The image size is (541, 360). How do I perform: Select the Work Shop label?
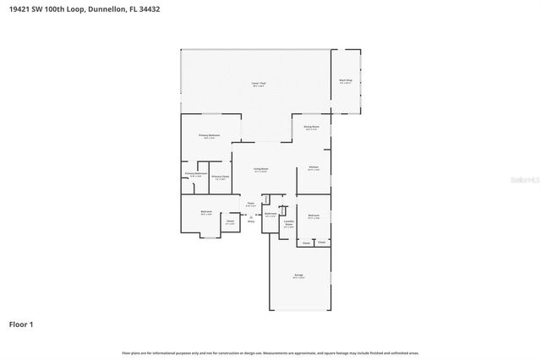click(x=345, y=81)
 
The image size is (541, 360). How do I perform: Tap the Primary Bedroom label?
click(x=210, y=136)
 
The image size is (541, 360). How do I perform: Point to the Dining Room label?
click(x=311, y=128)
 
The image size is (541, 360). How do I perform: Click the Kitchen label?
click(x=313, y=167)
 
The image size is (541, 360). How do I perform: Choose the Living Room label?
click(x=260, y=169)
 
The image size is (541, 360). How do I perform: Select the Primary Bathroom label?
click(x=195, y=174)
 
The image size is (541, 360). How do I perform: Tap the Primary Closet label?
click(x=220, y=177)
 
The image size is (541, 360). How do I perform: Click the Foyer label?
click(x=250, y=204)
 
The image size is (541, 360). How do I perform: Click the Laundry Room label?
click(x=288, y=224)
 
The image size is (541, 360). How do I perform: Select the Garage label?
click(x=298, y=276)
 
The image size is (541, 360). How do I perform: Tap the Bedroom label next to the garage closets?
click(x=314, y=216)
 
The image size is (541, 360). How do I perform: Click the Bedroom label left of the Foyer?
click(x=205, y=212)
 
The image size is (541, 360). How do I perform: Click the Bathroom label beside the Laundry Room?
click(x=270, y=214)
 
